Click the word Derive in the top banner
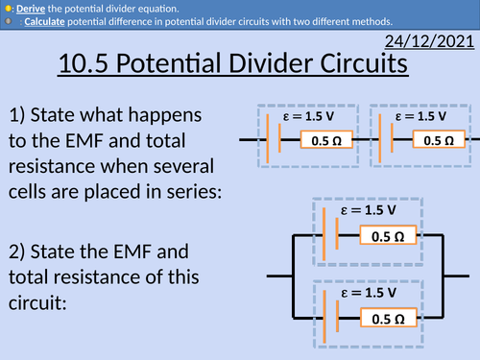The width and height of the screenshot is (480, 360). point(31,8)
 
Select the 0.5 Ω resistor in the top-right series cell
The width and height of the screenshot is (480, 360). point(439,140)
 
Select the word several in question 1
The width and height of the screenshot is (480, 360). point(179,167)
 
